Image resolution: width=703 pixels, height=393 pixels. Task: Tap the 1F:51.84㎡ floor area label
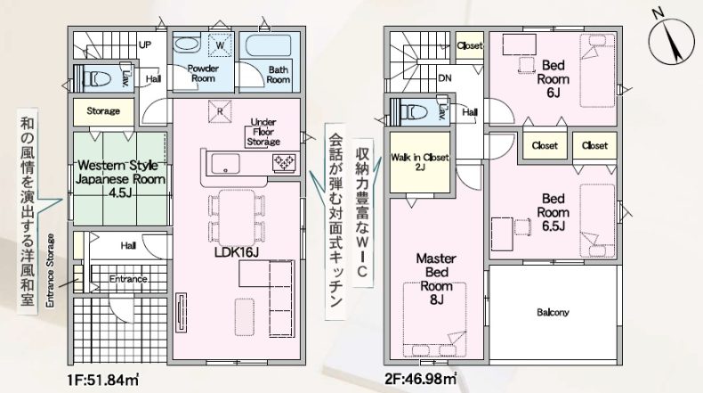pyautogui.click(x=102, y=380)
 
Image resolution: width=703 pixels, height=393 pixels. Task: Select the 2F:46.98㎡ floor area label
pyautogui.click(x=420, y=380)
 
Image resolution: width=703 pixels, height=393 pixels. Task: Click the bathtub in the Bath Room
pyautogui.click(x=269, y=45)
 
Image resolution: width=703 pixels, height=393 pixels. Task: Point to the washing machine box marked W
pyautogui.click(x=220, y=45)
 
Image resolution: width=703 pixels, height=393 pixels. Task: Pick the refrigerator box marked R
pyautogui.click(x=220, y=111)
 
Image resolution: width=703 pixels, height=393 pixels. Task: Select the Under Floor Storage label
pyautogui.click(x=263, y=132)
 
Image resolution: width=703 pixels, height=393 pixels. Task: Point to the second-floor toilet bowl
pyautogui.click(x=414, y=111)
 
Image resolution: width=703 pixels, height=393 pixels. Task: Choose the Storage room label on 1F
pyautogui.click(x=103, y=111)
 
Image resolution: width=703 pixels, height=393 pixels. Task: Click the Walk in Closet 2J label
pyautogui.click(x=420, y=161)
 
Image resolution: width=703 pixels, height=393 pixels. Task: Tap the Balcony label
pyautogui.click(x=553, y=312)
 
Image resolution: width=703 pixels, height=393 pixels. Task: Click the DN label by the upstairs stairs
pyautogui.click(x=445, y=78)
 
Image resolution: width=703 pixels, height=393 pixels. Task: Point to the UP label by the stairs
pyautogui.click(x=145, y=45)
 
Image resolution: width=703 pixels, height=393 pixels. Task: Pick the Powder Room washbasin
pyautogui.click(x=185, y=44)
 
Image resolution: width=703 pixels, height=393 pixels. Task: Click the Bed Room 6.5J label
pyautogui.click(x=553, y=212)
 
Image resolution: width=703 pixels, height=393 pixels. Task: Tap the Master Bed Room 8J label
pyautogui.click(x=436, y=279)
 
